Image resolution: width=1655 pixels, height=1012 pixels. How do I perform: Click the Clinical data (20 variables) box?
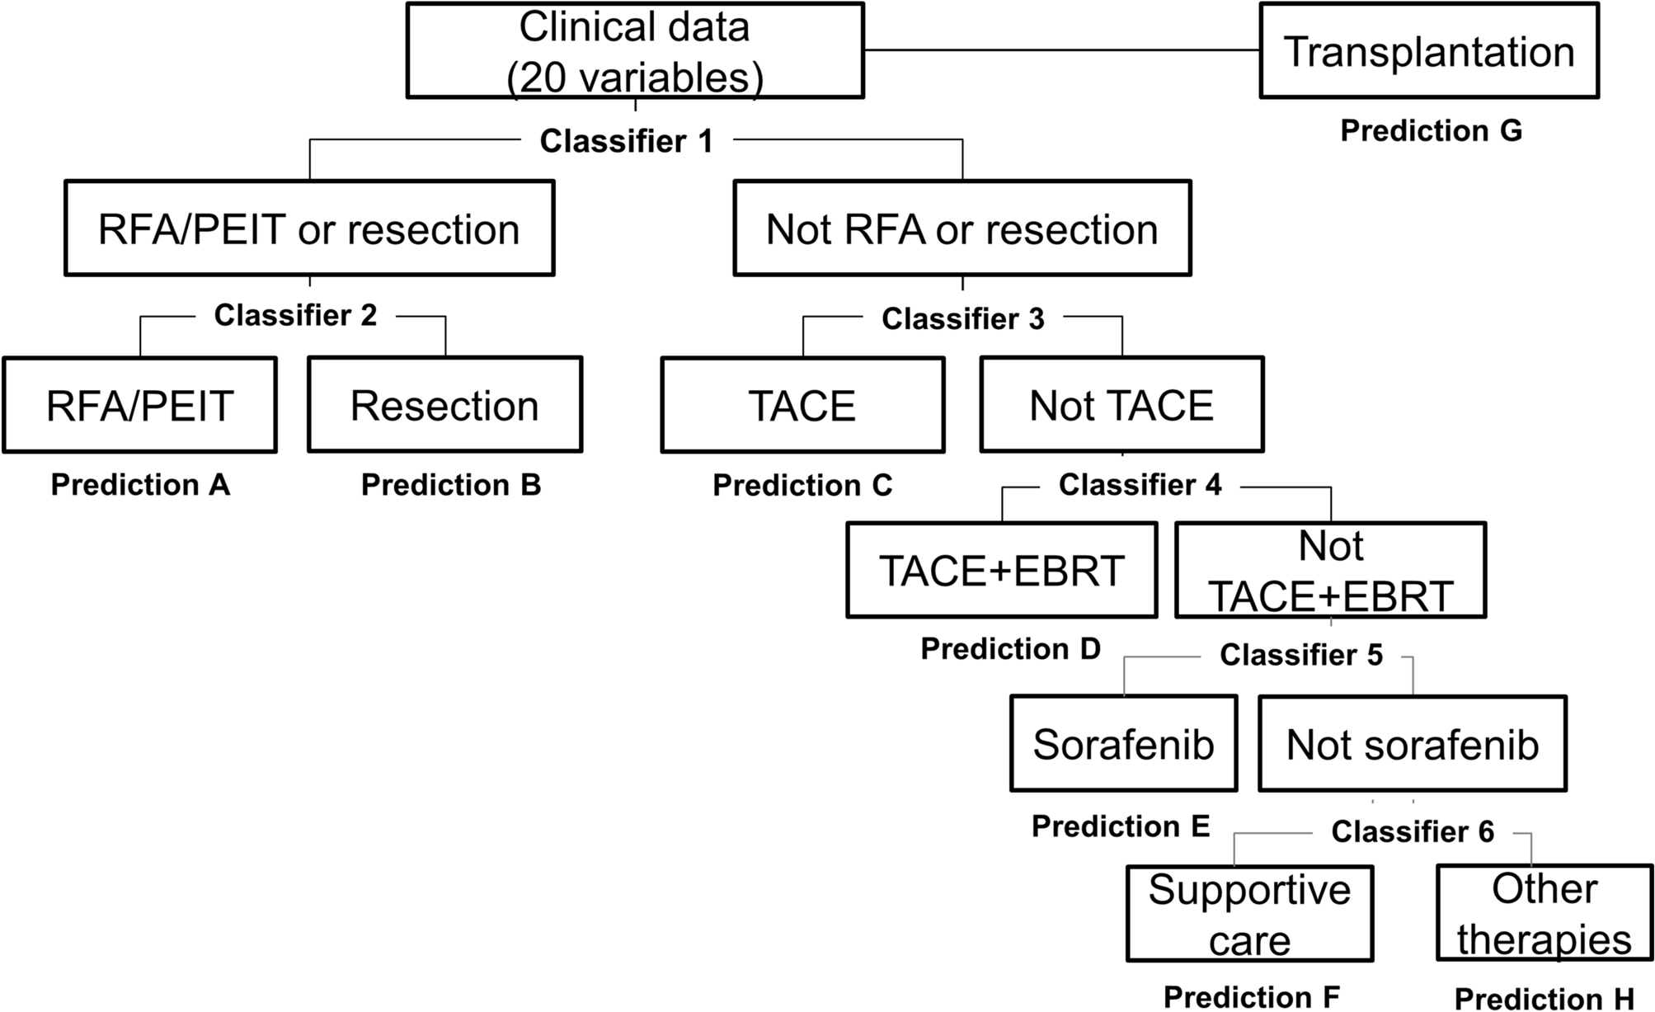coord(635,51)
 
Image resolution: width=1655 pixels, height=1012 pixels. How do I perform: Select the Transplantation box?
coord(1428,51)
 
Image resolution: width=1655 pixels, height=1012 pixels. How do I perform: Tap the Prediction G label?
coord(1431,130)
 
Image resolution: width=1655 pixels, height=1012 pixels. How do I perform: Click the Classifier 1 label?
coord(626,141)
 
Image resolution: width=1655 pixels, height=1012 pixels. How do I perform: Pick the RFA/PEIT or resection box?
coord(309,228)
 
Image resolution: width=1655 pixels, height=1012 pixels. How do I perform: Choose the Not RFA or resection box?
coord(961,228)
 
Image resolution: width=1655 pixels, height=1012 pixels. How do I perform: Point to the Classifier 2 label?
coord(295,315)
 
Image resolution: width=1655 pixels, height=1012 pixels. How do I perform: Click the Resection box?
coord(444,405)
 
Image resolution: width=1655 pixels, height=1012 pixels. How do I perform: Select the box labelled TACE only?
coord(802,405)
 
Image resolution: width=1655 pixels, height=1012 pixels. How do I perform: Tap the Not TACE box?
coord(1121,405)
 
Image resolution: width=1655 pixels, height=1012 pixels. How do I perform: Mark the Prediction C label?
coord(802,485)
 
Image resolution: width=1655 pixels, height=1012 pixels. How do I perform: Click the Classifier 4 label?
coord(1140,485)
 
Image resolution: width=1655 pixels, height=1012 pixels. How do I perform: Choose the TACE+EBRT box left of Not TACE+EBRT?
coord(1001,570)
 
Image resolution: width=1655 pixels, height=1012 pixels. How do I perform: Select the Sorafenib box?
coord(1123,744)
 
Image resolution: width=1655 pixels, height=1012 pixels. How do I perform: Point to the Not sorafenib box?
coord(1412,744)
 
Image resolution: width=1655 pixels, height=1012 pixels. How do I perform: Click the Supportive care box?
coord(1249,914)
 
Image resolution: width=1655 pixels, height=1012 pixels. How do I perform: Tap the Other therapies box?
coord(1544,913)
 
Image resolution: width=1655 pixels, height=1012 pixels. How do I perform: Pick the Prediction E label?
coord(1120,826)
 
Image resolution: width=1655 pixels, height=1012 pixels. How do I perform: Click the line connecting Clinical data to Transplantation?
coord(1062,50)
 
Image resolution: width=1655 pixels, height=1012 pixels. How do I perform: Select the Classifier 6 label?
coord(1412,832)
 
